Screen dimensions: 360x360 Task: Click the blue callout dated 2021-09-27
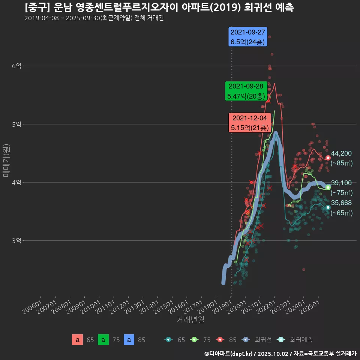click(x=248, y=37)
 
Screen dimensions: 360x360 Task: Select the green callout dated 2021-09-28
click(x=246, y=91)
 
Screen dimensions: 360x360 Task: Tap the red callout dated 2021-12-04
click(x=249, y=123)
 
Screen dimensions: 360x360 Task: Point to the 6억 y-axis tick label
click(x=16, y=66)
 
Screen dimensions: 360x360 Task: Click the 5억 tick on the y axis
click(x=16, y=124)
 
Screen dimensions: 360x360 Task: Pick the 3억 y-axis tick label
click(x=16, y=240)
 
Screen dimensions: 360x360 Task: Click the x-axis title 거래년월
click(x=190, y=320)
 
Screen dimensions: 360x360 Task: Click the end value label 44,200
click(x=341, y=153)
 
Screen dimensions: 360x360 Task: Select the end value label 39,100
click(x=341, y=183)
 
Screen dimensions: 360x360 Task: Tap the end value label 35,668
click(x=341, y=203)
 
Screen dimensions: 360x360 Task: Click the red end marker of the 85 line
click(x=328, y=158)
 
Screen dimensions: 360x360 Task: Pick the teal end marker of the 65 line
click(x=328, y=207)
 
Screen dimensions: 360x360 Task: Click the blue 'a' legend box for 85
click(x=129, y=340)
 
